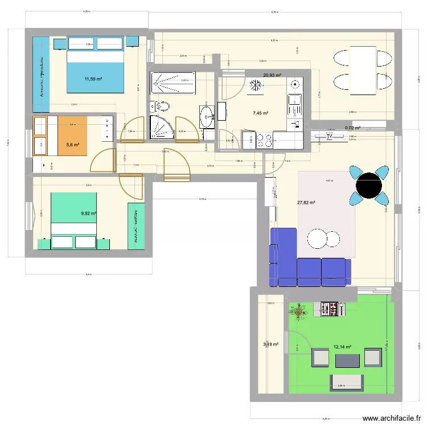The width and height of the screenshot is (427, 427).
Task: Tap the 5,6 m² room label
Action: (x=73, y=145)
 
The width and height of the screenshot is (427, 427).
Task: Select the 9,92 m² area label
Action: (x=89, y=213)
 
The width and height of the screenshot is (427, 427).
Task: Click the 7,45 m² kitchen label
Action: (x=260, y=113)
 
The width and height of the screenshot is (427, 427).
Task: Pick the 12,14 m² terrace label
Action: (x=342, y=346)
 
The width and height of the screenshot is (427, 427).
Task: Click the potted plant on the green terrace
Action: (x=298, y=310)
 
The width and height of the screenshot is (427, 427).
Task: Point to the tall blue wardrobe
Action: (x=40, y=74)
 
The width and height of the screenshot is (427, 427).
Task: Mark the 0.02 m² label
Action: (x=353, y=128)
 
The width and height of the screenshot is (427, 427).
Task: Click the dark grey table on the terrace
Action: (x=347, y=360)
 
